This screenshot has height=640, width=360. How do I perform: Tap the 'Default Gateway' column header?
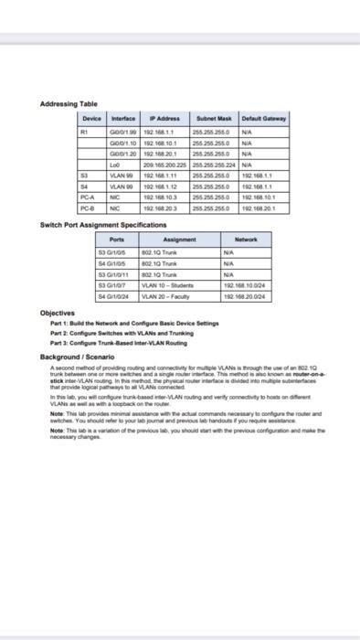pos(264,120)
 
